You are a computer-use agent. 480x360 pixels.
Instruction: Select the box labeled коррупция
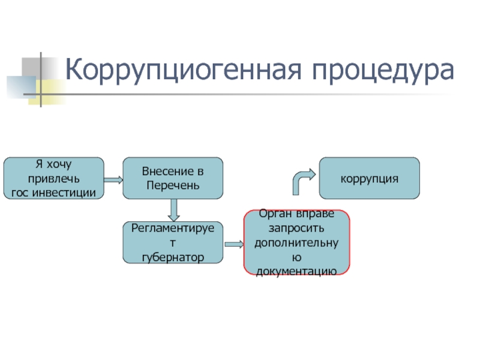pyautogui.click(x=369, y=178)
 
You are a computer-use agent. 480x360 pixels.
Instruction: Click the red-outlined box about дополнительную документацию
pyautogui.click(x=296, y=242)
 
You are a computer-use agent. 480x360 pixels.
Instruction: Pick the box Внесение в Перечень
pyautogui.click(x=173, y=178)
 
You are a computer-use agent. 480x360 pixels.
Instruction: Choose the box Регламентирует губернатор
pyautogui.click(x=173, y=242)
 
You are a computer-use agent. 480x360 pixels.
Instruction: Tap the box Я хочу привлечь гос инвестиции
pyautogui.click(x=54, y=178)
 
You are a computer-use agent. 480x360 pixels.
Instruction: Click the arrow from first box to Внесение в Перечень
pyautogui.click(x=113, y=179)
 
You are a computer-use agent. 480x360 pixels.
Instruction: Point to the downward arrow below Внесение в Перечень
pyautogui.click(x=174, y=209)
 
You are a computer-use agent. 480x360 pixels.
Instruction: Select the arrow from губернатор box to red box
pyautogui.click(x=233, y=245)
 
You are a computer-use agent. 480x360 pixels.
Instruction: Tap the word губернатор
pyautogui.click(x=173, y=257)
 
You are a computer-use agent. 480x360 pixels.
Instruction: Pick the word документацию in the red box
pyautogui.click(x=296, y=272)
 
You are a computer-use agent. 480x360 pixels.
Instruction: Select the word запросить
pyautogui.click(x=296, y=229)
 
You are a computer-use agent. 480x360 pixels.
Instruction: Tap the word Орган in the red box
pyautogui.click(x=274, y=214)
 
